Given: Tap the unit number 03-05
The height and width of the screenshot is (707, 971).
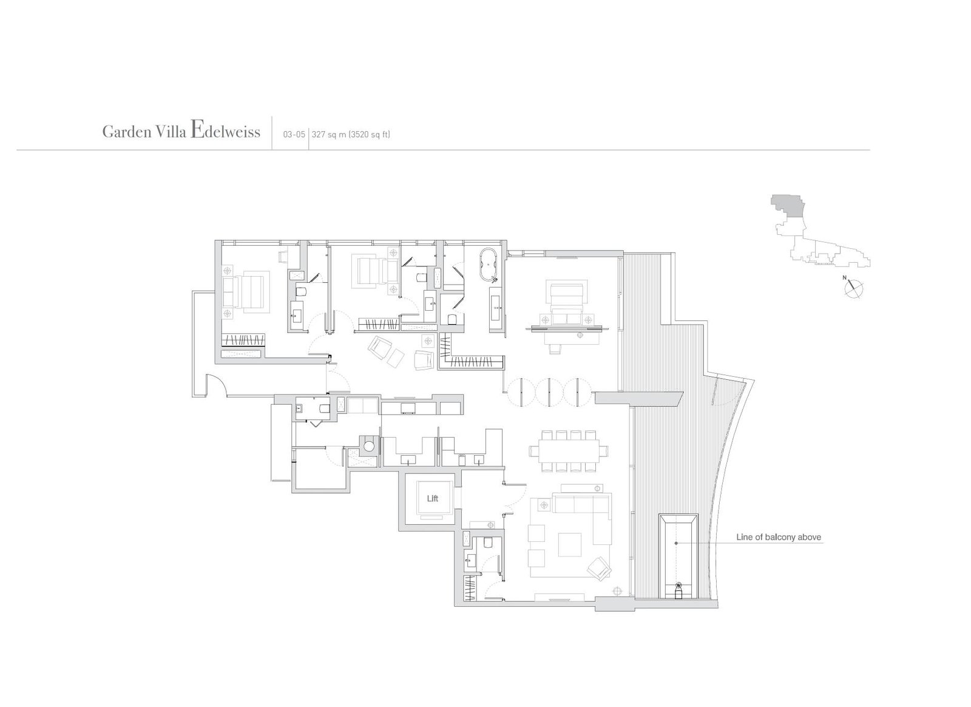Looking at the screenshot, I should [x=294, y=135].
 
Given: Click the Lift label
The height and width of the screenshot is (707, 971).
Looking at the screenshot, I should [x=432, y=499].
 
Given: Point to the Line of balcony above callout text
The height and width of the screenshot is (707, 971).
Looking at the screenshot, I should [x=779, y=537].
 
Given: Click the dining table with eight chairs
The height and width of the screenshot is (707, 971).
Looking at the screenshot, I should [x=569, y=451].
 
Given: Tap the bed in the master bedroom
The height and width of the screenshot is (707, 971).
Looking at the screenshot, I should [x=566, y=299].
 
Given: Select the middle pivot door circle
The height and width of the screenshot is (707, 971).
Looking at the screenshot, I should [x=549, y=393].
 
